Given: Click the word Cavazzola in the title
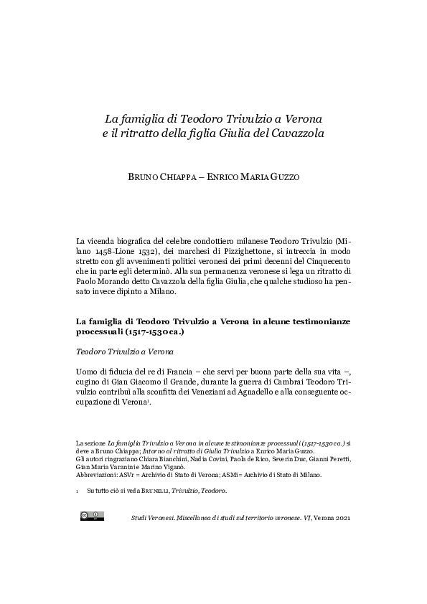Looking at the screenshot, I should click(278, 133).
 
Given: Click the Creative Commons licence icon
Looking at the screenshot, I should click(92, 515).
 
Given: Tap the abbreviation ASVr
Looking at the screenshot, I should click(131, 475).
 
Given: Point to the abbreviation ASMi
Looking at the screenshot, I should click(250, 475).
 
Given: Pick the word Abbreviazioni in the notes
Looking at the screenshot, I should click(97, 475).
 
